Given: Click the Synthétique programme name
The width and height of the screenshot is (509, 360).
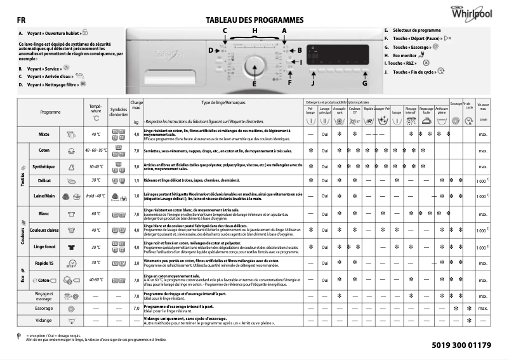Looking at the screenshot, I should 43,166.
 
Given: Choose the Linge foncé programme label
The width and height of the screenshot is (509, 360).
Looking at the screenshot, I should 44,246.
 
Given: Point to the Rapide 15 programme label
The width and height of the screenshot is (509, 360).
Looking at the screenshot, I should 44,262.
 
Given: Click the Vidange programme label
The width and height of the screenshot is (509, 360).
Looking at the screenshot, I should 44,320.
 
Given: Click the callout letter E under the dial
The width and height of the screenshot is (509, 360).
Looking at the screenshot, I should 254,84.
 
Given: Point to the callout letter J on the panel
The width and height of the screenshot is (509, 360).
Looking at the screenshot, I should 312,83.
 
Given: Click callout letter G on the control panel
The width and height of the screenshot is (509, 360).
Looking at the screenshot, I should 365,83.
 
